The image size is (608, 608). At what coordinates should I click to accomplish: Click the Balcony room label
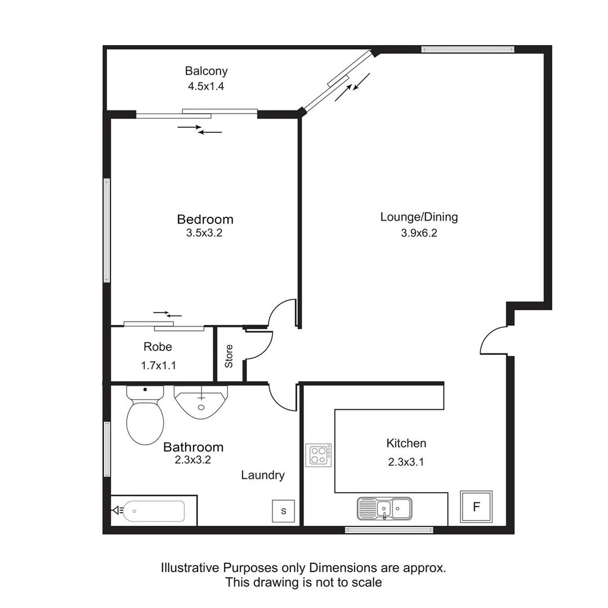tap(206, 71)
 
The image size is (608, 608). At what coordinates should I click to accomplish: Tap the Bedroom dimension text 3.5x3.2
tap(204, 233)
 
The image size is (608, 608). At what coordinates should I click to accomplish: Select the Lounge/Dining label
tap(419, 217)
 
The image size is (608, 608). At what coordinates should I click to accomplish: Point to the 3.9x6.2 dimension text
tap(419, 233)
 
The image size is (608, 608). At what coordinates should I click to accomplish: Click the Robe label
tap(158, 347)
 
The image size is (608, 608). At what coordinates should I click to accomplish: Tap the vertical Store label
tap(229, 356)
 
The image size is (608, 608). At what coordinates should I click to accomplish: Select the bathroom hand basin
tap(201, 401)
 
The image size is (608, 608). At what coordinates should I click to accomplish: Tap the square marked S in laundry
tap(284, 511)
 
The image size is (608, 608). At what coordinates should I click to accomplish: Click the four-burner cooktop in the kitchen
tap(319, 455)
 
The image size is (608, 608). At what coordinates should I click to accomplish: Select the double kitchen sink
tap(384, 508)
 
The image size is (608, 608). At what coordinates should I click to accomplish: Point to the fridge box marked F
tap(476, 507)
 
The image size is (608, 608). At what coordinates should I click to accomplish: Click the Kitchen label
tap(406, 444)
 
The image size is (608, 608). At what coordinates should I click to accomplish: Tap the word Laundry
tap(262, 475)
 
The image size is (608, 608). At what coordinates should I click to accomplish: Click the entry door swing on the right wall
tap(494, 341)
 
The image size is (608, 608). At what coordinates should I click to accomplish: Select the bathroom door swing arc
tap(283, 397)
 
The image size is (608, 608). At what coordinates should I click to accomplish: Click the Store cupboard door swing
tap(259, 345)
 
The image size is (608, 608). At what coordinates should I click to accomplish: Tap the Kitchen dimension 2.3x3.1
tap(405, 463)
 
